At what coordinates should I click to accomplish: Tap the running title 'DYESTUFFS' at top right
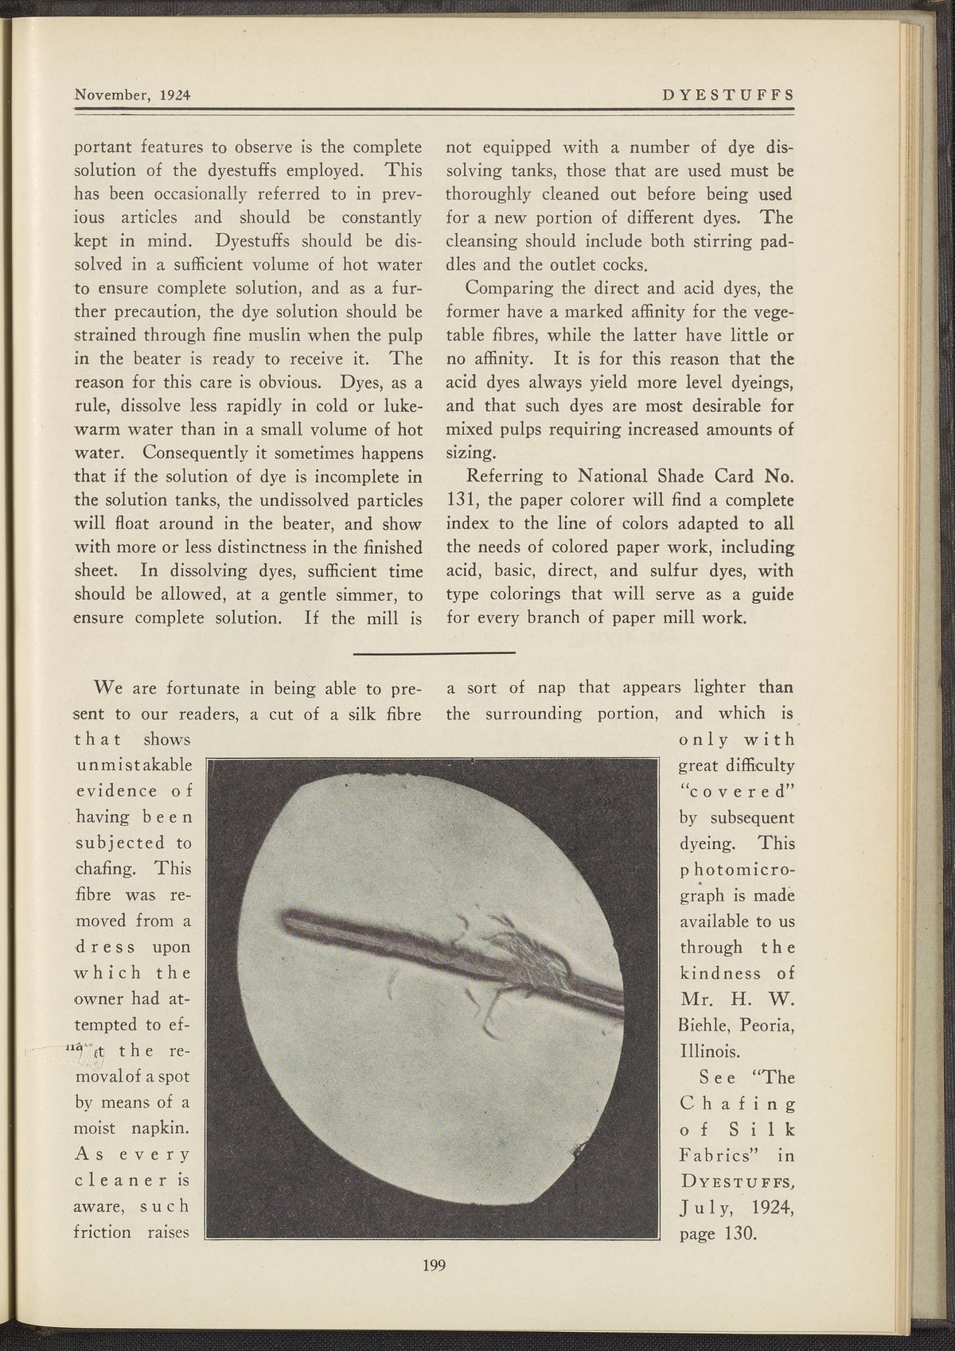tap(727, 94)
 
